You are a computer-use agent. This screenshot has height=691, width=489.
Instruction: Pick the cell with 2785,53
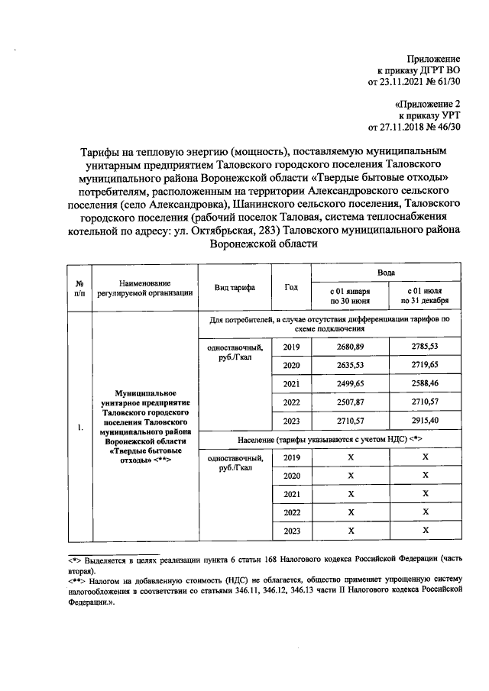424,347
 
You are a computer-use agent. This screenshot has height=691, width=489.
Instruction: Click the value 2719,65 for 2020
424,366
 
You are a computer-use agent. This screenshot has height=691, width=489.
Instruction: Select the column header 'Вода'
386,273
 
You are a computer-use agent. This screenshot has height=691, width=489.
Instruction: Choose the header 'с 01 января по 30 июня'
350,297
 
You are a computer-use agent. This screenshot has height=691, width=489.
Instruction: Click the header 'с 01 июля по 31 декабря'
424,297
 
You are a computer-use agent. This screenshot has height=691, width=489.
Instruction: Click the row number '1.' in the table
79,428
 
